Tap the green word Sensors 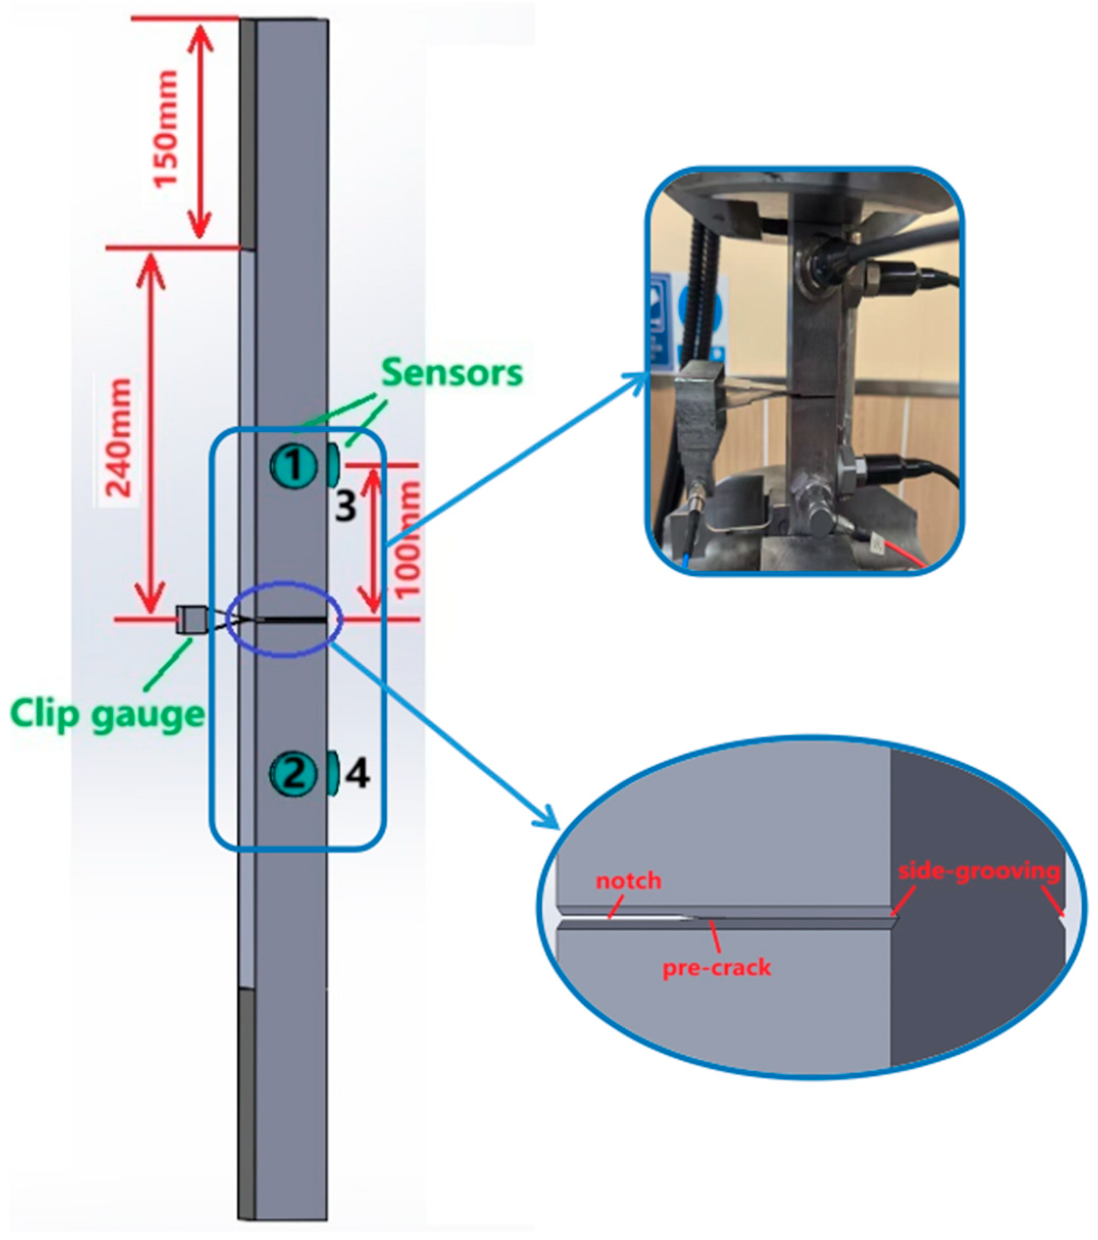(452, 373)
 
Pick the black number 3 (345, 505)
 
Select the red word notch (628, 880)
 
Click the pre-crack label (716, 967)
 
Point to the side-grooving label (979, 871)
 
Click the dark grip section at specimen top (247, 134)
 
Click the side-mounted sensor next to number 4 (333, 773)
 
